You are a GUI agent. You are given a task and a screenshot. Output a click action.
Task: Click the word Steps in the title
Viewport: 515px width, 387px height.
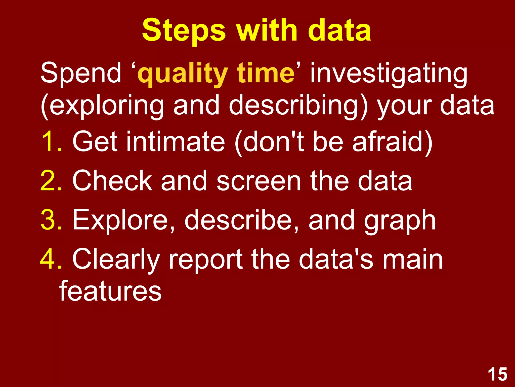click(184, 31)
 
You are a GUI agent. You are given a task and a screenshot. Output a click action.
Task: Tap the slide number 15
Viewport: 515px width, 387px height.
click(497, 374)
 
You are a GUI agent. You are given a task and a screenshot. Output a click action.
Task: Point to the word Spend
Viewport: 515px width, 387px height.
click(81, 73)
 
